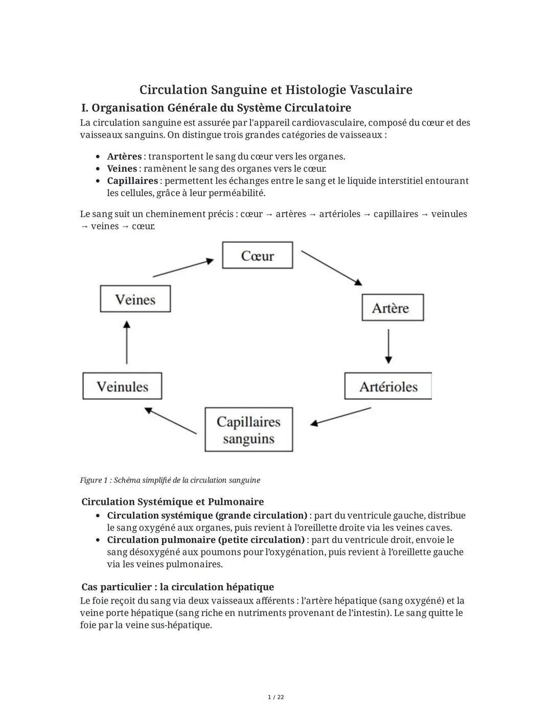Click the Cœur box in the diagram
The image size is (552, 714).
[x=258, y=255]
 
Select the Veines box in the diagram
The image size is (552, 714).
[x=135, y=299]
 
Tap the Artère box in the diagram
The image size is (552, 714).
[x=393, y=308]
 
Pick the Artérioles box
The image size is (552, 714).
[x=388, y=386]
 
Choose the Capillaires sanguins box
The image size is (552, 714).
[x=249, y=430]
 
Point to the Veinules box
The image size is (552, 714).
[x=122, y=386]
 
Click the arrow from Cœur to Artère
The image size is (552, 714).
[x=331, y=268]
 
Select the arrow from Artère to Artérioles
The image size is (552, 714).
[x=388, y=346]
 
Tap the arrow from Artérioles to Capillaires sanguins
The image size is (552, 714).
[x=340, y=416]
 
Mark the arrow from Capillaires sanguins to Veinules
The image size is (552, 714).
[x=170, y=421]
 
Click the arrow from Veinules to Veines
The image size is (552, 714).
[x=127, y=342]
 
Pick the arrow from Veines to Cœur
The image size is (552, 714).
[x=183, y=268]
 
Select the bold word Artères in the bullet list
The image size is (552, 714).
[x=124, y=156]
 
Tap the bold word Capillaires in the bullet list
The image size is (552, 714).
[x=132, y=181]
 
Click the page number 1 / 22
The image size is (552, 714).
[x=276, y=697]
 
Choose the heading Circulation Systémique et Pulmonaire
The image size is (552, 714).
[x=173, y=502]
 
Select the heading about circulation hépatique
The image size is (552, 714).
[x=178, y=587]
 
